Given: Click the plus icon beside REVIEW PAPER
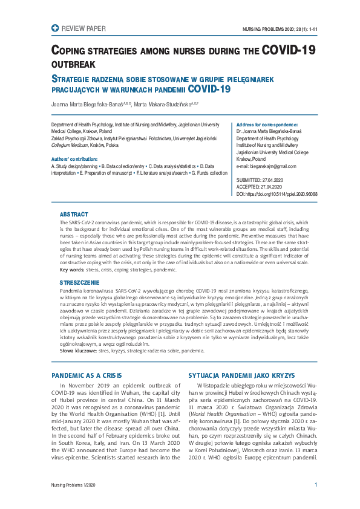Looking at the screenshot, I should [x=56, y=28].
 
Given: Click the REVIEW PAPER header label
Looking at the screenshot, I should [x=83, y=28].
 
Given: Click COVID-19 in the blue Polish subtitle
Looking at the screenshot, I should [x=209, y=89].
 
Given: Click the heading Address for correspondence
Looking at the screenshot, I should [x=266, y=123].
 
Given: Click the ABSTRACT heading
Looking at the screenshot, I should [x=74, y=215].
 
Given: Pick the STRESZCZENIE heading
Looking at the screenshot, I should [x=79, y=282].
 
